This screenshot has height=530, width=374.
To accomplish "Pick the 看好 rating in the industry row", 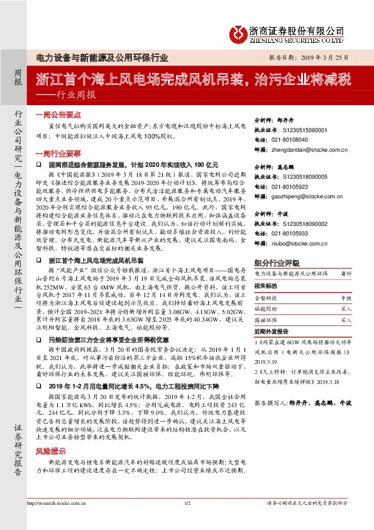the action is (346, 274).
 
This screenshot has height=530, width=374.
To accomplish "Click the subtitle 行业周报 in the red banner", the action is (76, 95).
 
